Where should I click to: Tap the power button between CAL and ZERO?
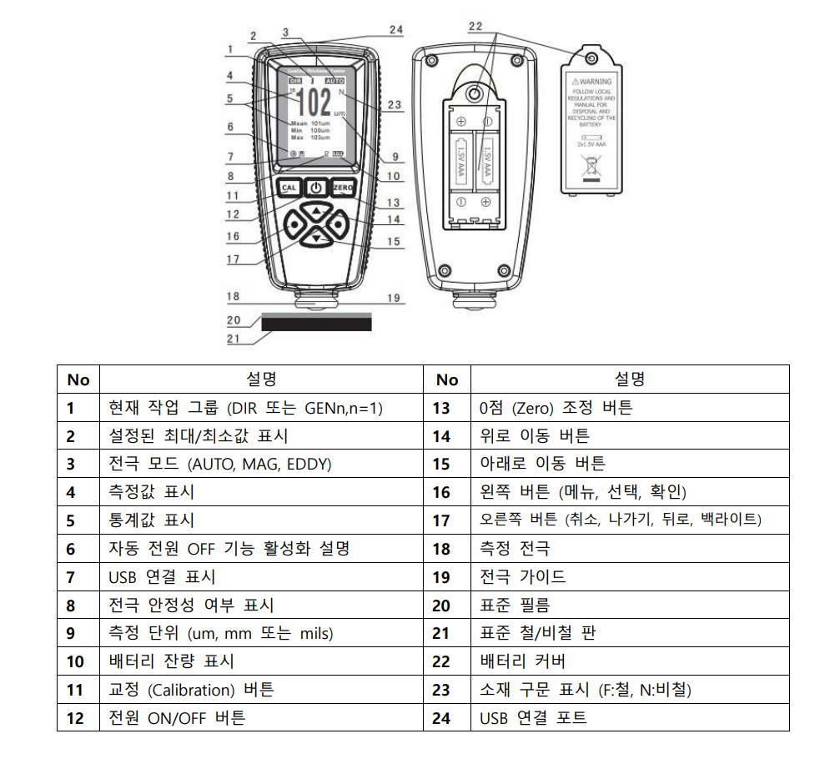(316, 188)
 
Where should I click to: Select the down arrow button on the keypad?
(317, 239)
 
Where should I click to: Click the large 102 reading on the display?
(314, 103)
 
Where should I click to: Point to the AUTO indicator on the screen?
(334, 81)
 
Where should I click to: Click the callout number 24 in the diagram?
(395, 30)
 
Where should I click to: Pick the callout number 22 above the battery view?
(475, 27)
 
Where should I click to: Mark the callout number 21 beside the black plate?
(234, 339)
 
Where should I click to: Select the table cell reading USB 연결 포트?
(533, 717)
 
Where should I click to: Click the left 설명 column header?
(261, 379)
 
